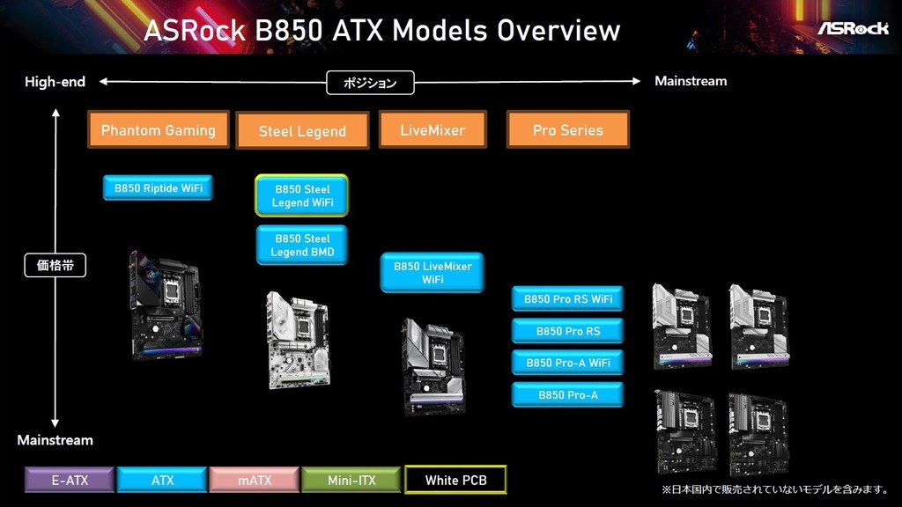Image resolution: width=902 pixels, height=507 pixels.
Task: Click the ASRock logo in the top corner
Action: coord(853,27)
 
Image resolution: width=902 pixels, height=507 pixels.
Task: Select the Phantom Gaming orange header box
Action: coord(159,129)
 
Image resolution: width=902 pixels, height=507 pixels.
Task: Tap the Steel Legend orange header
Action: coord(302,131)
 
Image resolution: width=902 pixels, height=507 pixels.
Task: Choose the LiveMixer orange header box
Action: coord(433,129)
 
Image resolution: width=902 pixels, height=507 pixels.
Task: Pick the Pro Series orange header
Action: coord(567,129)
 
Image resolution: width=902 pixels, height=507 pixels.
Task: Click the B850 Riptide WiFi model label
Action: coord(158,187)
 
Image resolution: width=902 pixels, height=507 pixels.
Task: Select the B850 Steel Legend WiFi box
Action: coord(302,195)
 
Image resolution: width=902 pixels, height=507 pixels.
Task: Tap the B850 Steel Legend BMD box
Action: coord(302,246)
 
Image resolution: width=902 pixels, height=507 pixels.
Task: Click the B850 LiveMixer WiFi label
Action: coord(433,273)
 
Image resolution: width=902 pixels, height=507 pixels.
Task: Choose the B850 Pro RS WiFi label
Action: coord(567,299)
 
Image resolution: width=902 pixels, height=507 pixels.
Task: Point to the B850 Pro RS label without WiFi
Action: coord(567,331)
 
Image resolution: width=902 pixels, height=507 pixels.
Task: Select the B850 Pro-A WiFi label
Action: coord(567,363)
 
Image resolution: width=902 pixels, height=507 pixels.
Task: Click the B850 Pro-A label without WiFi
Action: coord(567,395)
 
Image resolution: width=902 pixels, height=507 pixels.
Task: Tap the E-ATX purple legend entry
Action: coord(70,480)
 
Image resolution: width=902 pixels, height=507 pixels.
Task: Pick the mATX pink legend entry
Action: coord(255,480)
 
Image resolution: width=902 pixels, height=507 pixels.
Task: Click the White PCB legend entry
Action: coord(455,480)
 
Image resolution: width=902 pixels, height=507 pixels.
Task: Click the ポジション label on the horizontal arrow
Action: coord(370,83)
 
